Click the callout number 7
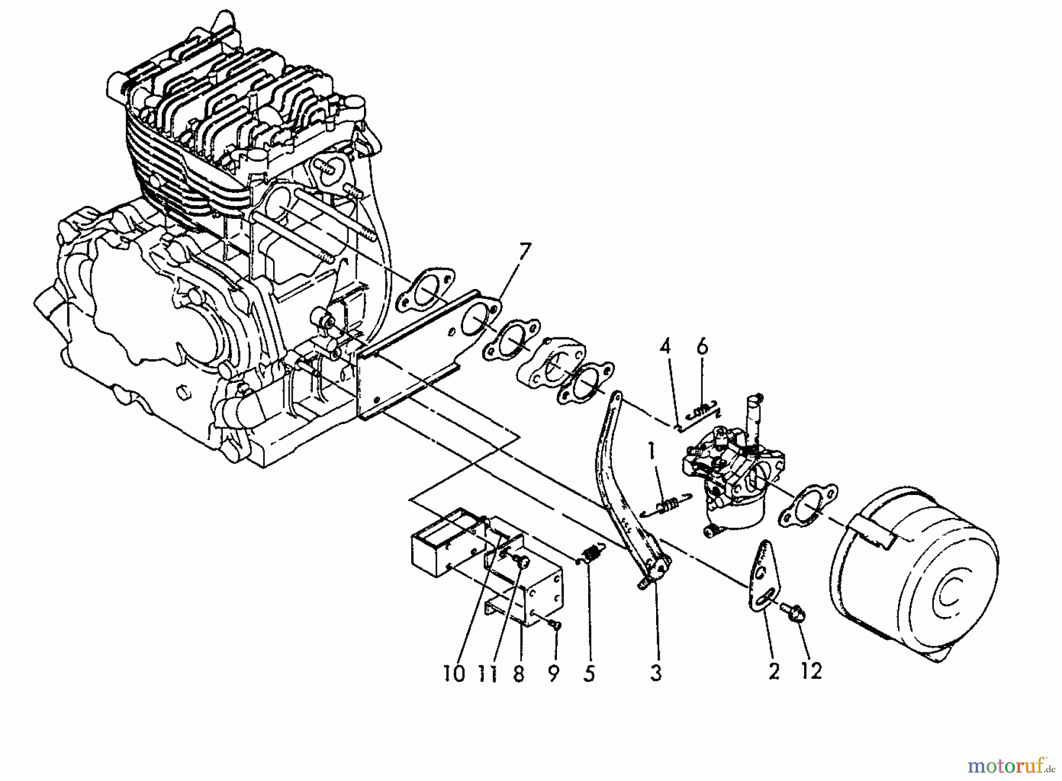point(524,254)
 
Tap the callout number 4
point(665,348)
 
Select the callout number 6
point(702,348)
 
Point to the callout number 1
point(652,452)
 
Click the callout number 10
point(454,672)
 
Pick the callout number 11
point(486,672)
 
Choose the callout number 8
point(519,672)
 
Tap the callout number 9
point(553,672)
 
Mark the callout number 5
point(588,672)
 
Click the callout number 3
point(655,672)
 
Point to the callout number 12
point(811,671)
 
